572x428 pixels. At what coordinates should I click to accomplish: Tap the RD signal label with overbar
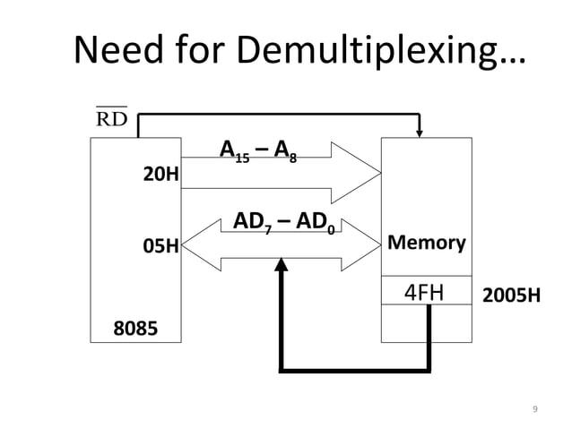(x=110, y=118)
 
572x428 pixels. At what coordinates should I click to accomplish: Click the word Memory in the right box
(x=426, y=243)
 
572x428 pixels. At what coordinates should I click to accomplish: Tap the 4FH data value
(x=428, y=292)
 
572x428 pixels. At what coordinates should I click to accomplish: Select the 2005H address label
(x=511, y=295)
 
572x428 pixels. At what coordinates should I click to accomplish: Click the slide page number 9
(x=535, y=410)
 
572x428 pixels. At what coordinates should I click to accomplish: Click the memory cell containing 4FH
(x=427, y=291)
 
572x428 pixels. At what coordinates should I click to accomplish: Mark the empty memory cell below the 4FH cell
(x=427, y=323)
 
